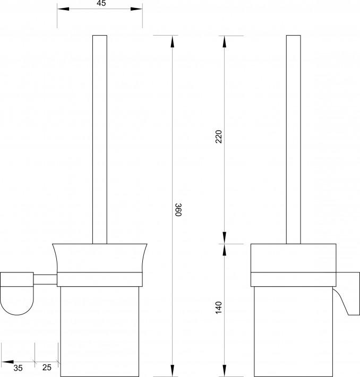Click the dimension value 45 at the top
coord(101,3)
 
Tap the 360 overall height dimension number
coord(178,210)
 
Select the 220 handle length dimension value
coord(219,136)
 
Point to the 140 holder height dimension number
coord(219,307)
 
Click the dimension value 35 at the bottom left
coord(18,368)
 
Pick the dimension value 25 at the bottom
coord(47,367)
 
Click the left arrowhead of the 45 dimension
coord(63,9)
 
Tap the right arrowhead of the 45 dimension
coord(136,9)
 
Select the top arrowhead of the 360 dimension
coord(172,41)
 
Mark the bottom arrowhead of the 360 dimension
coord(172,371)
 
